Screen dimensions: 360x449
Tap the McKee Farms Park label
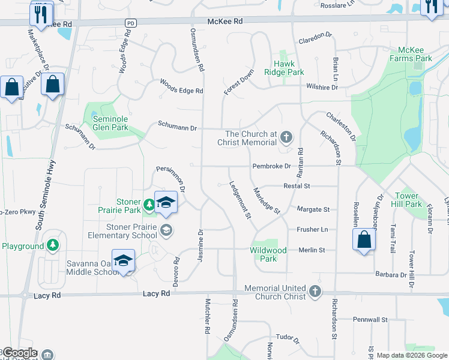(x=414, y=55)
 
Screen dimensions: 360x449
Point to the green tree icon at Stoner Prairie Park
(x=149, y=205)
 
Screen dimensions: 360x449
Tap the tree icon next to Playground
(x=53, y=245)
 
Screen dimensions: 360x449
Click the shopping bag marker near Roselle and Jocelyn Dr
(x=364, y=240)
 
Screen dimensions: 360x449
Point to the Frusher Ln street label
(x=312, y=230)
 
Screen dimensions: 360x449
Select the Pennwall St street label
(x=370, y=319)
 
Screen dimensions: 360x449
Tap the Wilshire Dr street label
(x=321, y=88)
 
